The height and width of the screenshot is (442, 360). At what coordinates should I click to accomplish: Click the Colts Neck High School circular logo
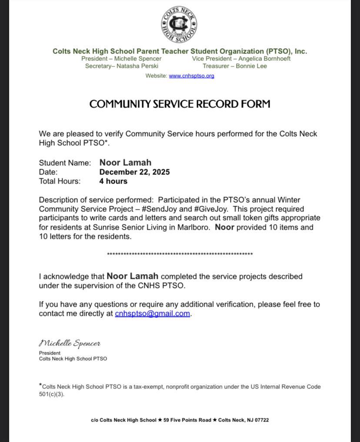coord(179,25)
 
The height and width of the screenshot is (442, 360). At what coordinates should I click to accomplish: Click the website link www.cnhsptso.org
coord(191,76)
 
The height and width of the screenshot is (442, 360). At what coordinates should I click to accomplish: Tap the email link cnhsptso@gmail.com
coord(152,314)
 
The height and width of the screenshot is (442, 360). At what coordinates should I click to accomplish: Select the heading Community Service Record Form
coord(180,104)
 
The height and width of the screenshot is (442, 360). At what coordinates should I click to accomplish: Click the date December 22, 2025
coord(134,172)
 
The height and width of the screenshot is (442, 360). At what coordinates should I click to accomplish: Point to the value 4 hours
coord(113,181)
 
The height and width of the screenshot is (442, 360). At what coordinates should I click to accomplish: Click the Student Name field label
coord(65,163)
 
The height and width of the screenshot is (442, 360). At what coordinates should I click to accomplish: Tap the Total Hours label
coord(60,181)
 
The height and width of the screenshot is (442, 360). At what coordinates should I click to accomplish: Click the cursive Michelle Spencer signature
coord(70,344)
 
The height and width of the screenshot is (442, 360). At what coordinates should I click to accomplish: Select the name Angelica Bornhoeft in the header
coord(264,58)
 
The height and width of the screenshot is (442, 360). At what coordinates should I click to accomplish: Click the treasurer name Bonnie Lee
coord(251,66)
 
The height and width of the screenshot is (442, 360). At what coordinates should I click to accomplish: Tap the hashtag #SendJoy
coord(160,209)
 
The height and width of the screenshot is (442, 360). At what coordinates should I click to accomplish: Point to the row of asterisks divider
coord(180,254)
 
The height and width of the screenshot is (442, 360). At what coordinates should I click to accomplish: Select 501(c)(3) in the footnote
coord(51,395)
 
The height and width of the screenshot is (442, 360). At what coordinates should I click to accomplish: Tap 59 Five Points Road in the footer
coord(187,420)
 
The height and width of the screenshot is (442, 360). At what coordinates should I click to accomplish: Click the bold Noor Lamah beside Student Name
coord(125,163)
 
